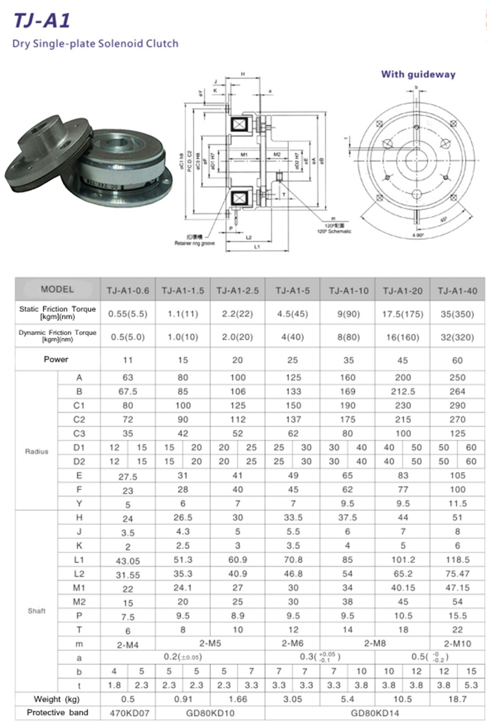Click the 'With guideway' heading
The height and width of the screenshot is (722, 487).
(x=418, y=74)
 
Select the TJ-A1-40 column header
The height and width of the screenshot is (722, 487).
(x=458, y=290)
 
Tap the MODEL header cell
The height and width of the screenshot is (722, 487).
(x=57, y=290)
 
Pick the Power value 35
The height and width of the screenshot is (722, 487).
(x=349, y=360)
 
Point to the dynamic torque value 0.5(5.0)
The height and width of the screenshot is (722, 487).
(x=128, y=338)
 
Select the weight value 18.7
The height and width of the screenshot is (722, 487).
(x=458, y=699)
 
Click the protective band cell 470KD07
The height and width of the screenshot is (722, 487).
(x=128, y=713)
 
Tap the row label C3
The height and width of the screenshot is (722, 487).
(x=79, y=432)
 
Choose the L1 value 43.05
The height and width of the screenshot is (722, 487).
(x=128, y=560)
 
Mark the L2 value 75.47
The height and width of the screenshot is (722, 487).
(x=458, y=573)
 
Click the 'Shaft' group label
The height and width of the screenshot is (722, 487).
(x=37, y=611)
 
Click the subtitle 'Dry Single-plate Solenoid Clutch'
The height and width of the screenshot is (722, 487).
(x=95, y=44)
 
